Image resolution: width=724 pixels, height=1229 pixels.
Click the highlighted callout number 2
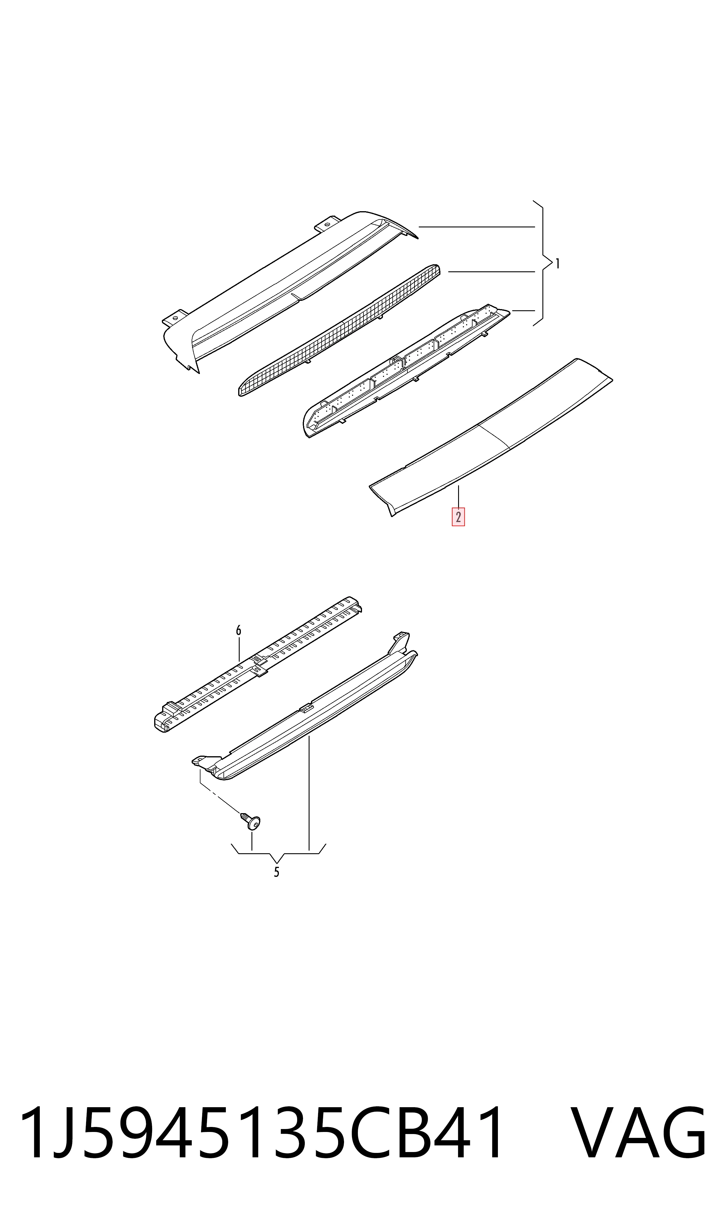click(458, 517)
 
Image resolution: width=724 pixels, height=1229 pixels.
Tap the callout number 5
click(277, 872)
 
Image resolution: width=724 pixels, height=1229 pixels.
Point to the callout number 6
click(238, 631)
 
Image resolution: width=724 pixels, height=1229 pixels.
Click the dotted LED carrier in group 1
click(406, 371)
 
